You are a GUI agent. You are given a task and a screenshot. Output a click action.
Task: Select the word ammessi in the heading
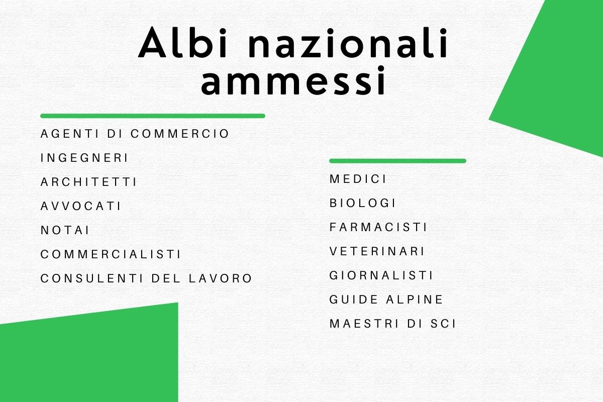[293, 80]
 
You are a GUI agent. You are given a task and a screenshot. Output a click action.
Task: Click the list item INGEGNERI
[84, 158]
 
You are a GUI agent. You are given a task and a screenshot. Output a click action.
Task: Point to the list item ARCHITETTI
[88, 182]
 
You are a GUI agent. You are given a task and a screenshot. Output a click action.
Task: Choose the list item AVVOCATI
[80, 206]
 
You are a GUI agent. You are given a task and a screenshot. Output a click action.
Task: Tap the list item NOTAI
[65, 230]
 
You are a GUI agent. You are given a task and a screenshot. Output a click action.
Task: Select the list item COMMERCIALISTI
[111, 254]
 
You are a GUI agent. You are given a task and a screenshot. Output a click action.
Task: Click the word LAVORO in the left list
[220, 278]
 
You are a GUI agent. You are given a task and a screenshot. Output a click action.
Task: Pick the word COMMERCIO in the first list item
[180, 134]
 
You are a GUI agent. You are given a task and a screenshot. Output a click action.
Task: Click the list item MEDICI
[358, 179]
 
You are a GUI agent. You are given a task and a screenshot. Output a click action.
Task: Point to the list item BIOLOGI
[362, 203]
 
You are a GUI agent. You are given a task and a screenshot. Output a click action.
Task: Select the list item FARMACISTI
[378, 227]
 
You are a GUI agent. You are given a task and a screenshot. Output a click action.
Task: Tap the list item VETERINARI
[377, 251]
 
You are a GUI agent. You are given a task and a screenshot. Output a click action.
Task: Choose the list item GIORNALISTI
[381, 275]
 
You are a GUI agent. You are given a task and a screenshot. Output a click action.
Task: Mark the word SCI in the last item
[443, 324]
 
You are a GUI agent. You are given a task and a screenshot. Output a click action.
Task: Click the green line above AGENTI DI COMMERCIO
[153, 116]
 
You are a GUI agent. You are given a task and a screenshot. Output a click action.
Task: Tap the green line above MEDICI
[397, 161]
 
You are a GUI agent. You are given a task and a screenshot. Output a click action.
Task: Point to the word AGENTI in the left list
[70, 134]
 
